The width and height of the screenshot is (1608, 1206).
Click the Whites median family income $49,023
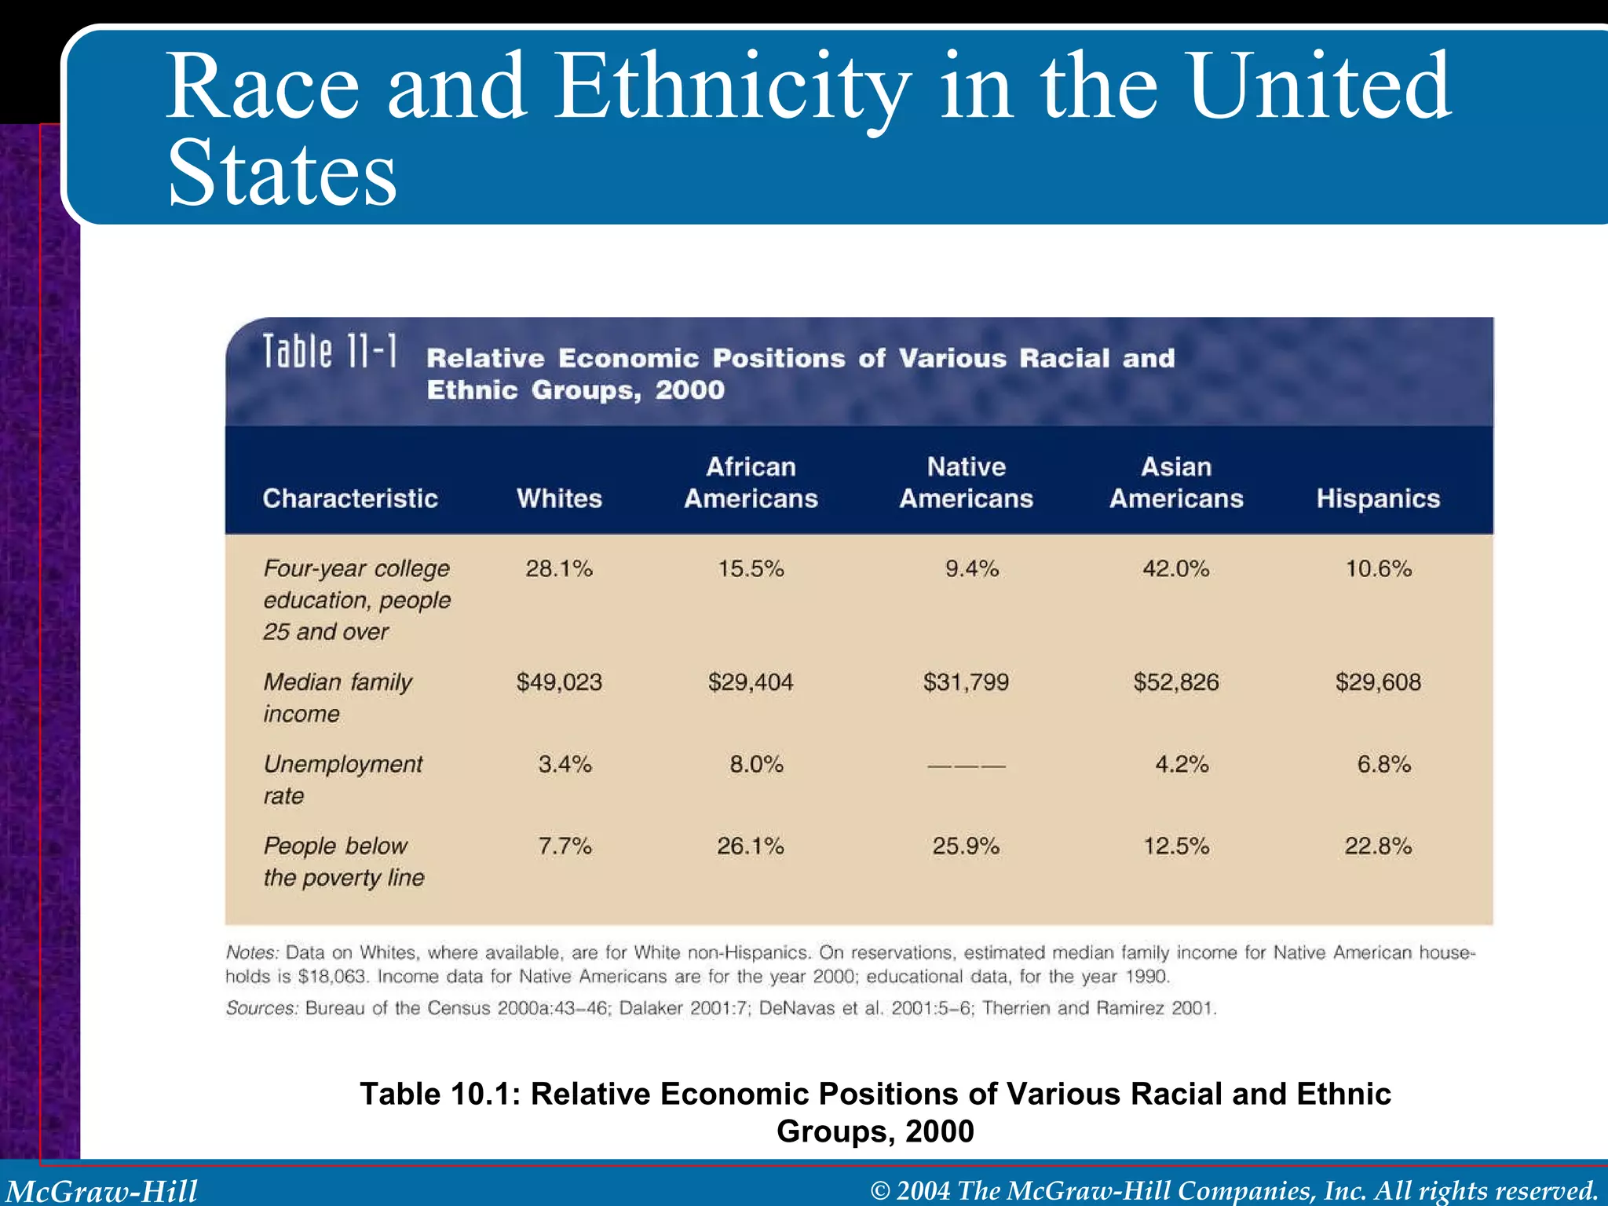tap(559, 682)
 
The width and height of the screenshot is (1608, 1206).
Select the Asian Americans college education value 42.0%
tap(1175, 568)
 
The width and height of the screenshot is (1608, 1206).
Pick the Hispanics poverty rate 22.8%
tap(1378, 846)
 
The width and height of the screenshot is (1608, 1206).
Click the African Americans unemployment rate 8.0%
tap(756, 764)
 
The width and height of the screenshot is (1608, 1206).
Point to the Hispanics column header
tap(1378, 499)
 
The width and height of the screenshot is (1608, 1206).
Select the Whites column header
tap(559, 499)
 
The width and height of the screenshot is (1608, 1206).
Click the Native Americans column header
tap(966, 483)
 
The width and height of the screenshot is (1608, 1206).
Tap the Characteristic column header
tap(350, 499)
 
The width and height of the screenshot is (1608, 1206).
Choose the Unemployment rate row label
tap(342, 779)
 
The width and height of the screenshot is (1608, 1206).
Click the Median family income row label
tap(338, 697)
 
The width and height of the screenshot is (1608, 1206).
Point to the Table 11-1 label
tap(330, 352)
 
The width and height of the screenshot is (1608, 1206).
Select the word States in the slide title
tap(283, 174)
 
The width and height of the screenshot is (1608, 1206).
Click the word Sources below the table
tap(261, 1008)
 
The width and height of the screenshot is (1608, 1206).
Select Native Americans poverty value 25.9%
tap(966, 846)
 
